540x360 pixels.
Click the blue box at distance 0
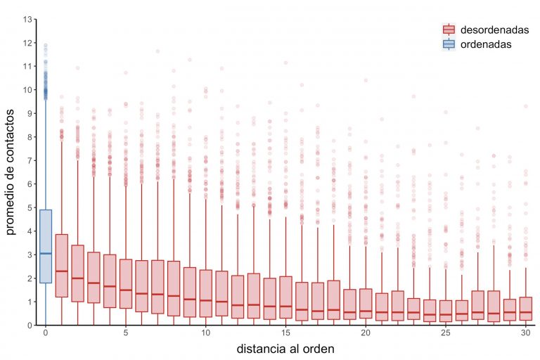pos(45,246)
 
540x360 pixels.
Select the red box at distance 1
pos(61,266)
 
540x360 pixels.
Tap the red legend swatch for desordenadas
pos(449,30)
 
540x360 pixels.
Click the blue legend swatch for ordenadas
pos(449,44)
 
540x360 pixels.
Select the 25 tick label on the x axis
pos(446,333)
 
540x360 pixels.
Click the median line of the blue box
pos(45,253)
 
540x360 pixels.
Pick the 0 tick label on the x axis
pos(46,333)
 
